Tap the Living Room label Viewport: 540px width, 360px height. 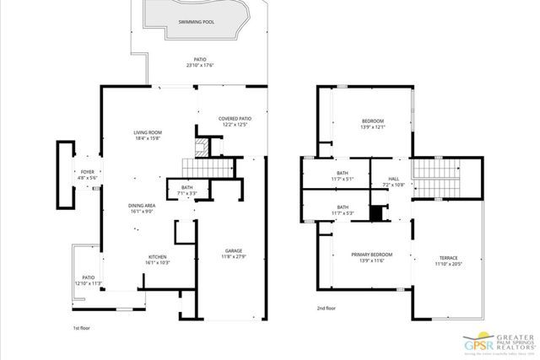[x=147, y=133]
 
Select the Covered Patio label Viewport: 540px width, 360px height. [x=235, y=119]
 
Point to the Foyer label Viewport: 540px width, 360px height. [x=87, y=172]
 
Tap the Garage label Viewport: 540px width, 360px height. [x=233, y=251]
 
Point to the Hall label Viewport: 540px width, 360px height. [x=393, y=179]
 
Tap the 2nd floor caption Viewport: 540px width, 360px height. [x=326, y=309]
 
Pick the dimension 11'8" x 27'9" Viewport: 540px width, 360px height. [x=233, y=256]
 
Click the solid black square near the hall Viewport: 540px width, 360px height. [x=376, y=214]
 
